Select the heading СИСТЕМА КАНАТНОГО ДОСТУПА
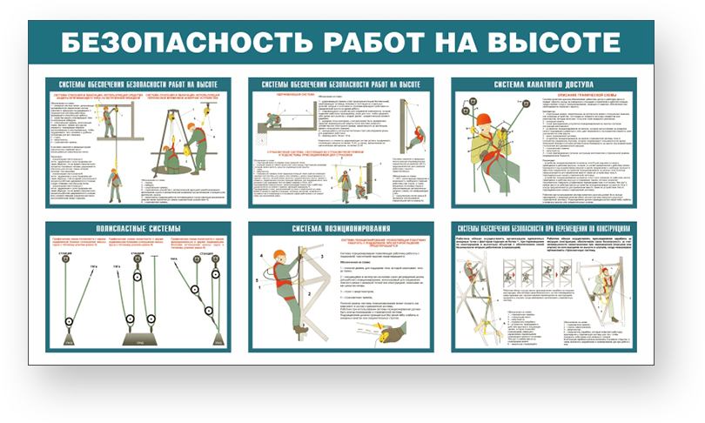[544, 84]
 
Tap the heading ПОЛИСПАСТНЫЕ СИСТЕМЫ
[138, 229]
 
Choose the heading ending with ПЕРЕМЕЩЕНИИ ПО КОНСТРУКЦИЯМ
[544, 229]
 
